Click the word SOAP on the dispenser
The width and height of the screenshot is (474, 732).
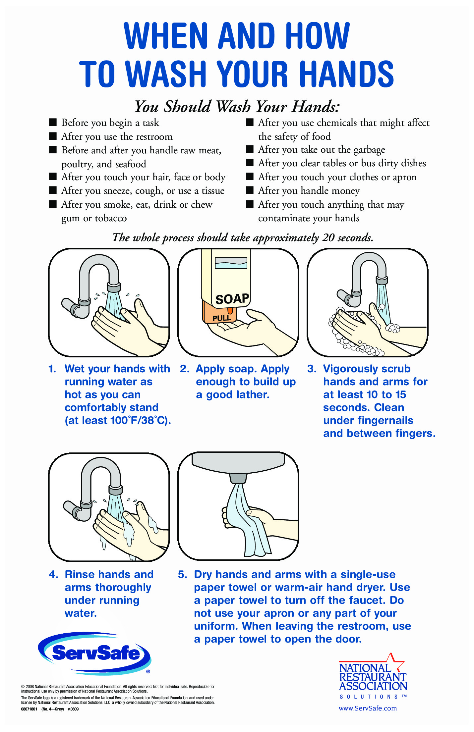[232, 298]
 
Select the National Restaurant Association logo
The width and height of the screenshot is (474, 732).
[373, 675]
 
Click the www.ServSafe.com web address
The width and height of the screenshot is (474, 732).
[368, 708]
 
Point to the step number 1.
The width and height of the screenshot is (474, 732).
[52, 369]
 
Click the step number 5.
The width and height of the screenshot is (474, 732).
[183, 574]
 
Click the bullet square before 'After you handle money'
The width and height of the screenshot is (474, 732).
[250, 190]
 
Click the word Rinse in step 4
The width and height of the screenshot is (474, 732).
[80, 574]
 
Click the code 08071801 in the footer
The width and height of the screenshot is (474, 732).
[29, 709]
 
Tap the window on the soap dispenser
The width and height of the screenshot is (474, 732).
[231, 263]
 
